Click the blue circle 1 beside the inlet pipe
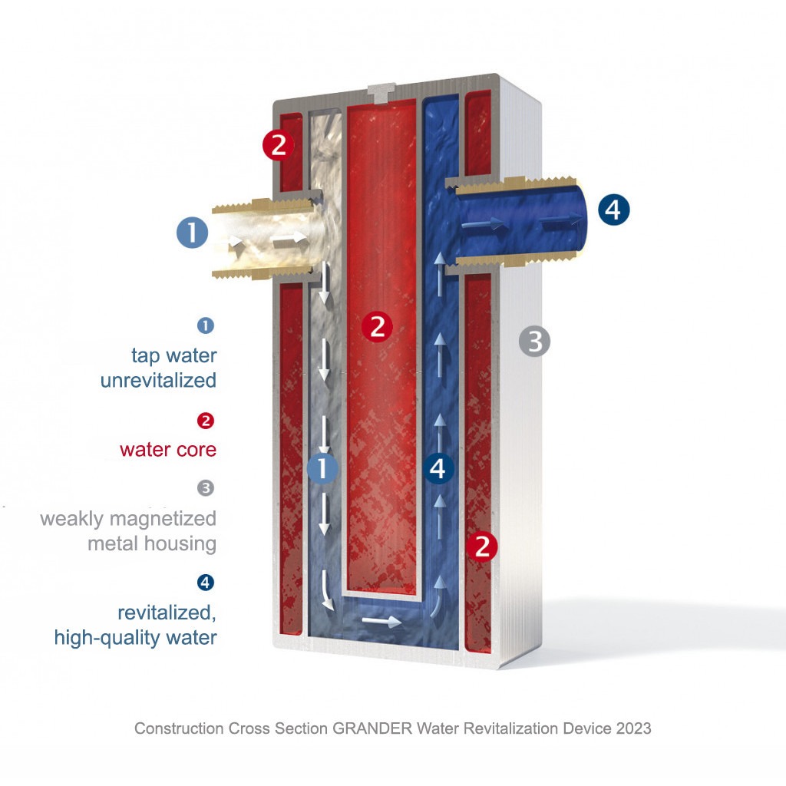tap(193, 232)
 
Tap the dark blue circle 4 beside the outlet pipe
tap(613, 209)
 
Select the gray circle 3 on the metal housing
tap(534, 342)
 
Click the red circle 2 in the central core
tap(377, 327)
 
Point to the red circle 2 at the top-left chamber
tap(278, 145)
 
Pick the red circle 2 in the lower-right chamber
tap(482, 546)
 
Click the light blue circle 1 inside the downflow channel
tap(322, 468)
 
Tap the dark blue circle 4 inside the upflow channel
tap(438, 468)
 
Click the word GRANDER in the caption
tap(372, 728)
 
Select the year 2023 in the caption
tap(633, 728)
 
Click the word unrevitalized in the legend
tap(158, 380)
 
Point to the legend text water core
tap(168, 450)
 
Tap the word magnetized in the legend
tap(163, 518)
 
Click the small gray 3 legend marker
tap(206, 487)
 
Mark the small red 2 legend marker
tap(206, 421)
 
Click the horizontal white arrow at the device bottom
tap(381, 622)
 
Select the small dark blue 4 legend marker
tap(206, 583)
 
